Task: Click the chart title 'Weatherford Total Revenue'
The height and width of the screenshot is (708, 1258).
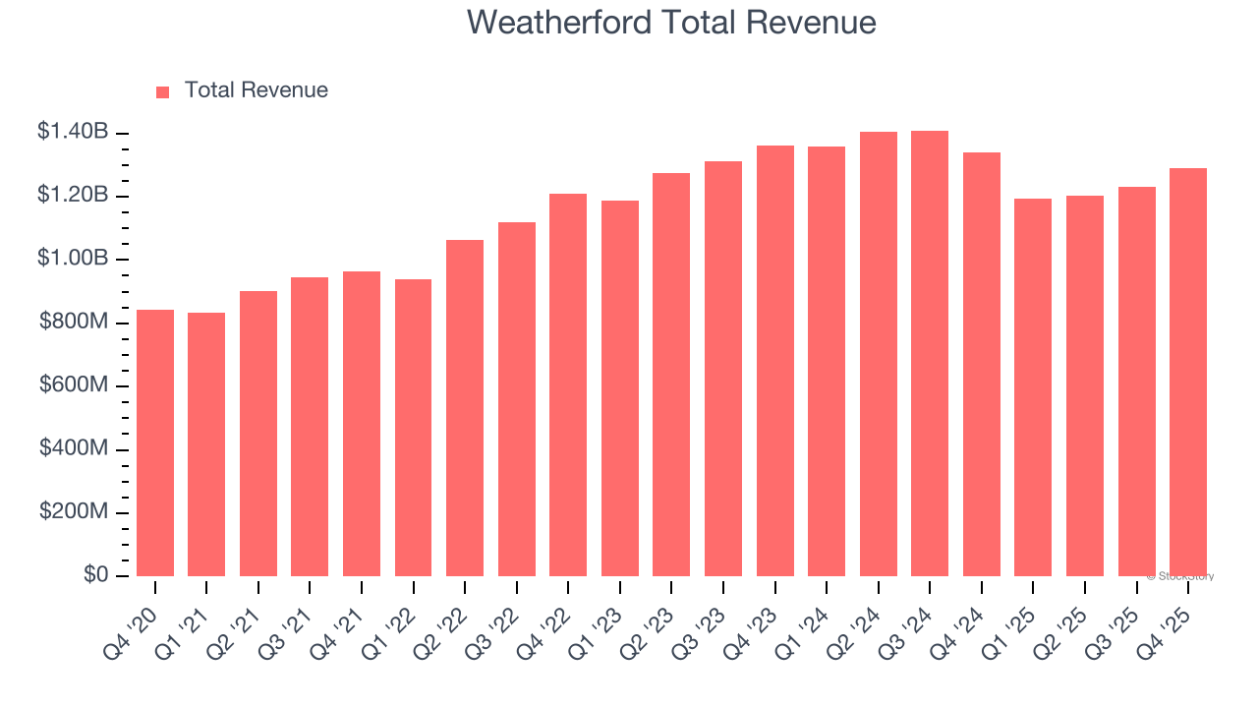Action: coord(671,22)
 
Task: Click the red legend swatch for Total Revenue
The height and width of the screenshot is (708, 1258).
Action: coord(163,91)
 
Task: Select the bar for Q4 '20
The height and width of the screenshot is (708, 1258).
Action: coord(155,442)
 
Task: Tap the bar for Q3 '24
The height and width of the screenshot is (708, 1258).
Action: coord(930,354)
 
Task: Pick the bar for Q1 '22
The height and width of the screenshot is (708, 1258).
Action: coord(413,428)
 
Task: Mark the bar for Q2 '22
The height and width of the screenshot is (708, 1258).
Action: coord(465,408)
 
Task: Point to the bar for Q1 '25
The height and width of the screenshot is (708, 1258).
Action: coord(1033,387)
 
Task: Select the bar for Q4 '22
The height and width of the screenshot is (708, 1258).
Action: coord(568,384)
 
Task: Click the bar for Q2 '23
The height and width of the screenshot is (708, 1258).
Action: coord(671,375)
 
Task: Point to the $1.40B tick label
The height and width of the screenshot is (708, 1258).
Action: coord(73,131)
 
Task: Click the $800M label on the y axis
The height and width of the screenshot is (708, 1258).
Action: coord(74,322)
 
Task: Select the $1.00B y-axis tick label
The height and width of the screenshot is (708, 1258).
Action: coord(73,258)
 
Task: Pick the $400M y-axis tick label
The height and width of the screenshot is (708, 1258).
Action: coord(74,448)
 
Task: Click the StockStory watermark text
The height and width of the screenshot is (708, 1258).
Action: coord(1180,576)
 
